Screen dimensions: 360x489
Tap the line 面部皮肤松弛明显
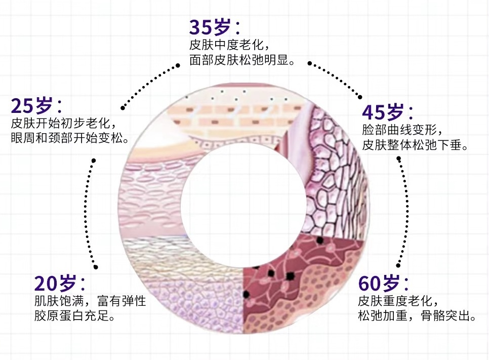[x=241, y=61]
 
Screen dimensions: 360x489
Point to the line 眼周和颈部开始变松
[x=69, y=138]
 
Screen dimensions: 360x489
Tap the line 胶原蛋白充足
[x=74, y=317]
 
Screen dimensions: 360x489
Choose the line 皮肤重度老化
[x=398, y=301]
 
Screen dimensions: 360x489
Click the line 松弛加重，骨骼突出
[x=416, y=317]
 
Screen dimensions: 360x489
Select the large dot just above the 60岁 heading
[x=398, y=265]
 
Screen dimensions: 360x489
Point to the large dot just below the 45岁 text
[x=398, y=158]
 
